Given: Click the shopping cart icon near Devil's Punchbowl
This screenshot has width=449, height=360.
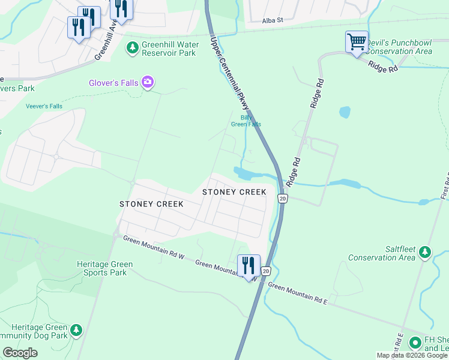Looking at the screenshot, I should pos(357,43).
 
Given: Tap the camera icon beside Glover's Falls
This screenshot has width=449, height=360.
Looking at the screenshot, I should pos(147,82).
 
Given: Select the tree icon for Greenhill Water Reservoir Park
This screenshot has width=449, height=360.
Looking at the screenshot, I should pos(131,47).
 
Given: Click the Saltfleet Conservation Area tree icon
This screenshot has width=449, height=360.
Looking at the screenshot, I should pos(425,251).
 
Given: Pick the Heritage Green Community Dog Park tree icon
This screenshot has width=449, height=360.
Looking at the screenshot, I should pos(76,329).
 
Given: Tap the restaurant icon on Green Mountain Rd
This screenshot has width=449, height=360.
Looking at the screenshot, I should pos(248,265).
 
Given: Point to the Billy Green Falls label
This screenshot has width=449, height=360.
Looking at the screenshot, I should pos(246,121).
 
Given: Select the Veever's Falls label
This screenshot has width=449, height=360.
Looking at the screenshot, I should pos(44,106).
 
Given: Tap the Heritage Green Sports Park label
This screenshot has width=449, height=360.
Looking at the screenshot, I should pos(102,268).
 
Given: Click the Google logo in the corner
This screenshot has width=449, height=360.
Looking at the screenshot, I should pos(20,352).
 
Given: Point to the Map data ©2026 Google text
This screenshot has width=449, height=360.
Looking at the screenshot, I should pos(411,355).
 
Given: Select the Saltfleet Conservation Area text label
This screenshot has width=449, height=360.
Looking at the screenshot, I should pos(382,253).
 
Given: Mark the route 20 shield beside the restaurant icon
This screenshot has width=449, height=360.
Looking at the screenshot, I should pos(267,272).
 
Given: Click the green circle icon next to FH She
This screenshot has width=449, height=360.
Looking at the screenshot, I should pos(414,343).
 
